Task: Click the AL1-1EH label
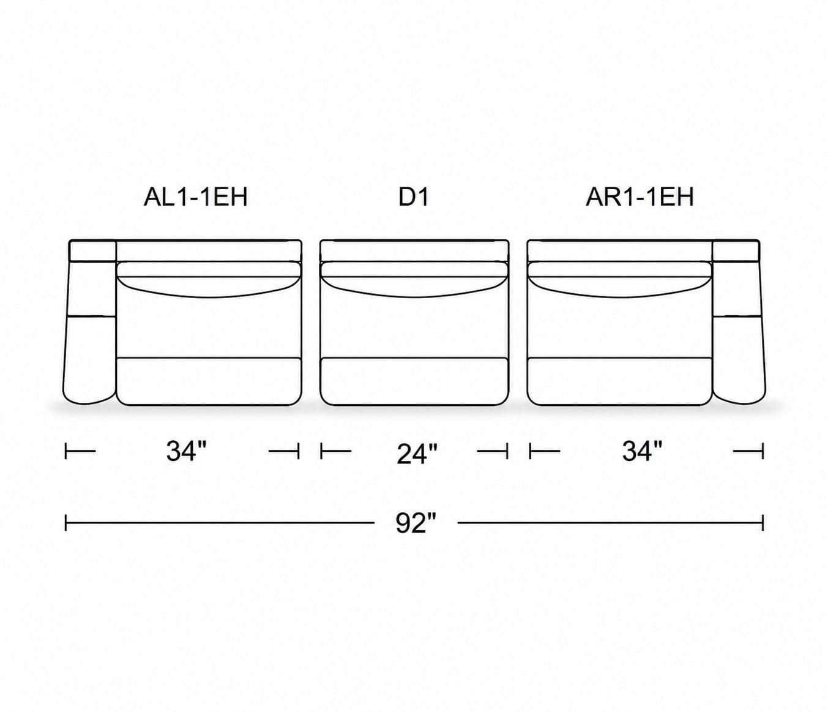(x=195, y=197)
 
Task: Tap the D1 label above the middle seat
(x=414, y=197)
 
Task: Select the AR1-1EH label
(x=640, y=197)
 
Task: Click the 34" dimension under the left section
(x=186, y=451)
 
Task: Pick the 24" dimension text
(x=417, y=454)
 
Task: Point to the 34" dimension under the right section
(x=642, y=451)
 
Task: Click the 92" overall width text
(x=416, y=523)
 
